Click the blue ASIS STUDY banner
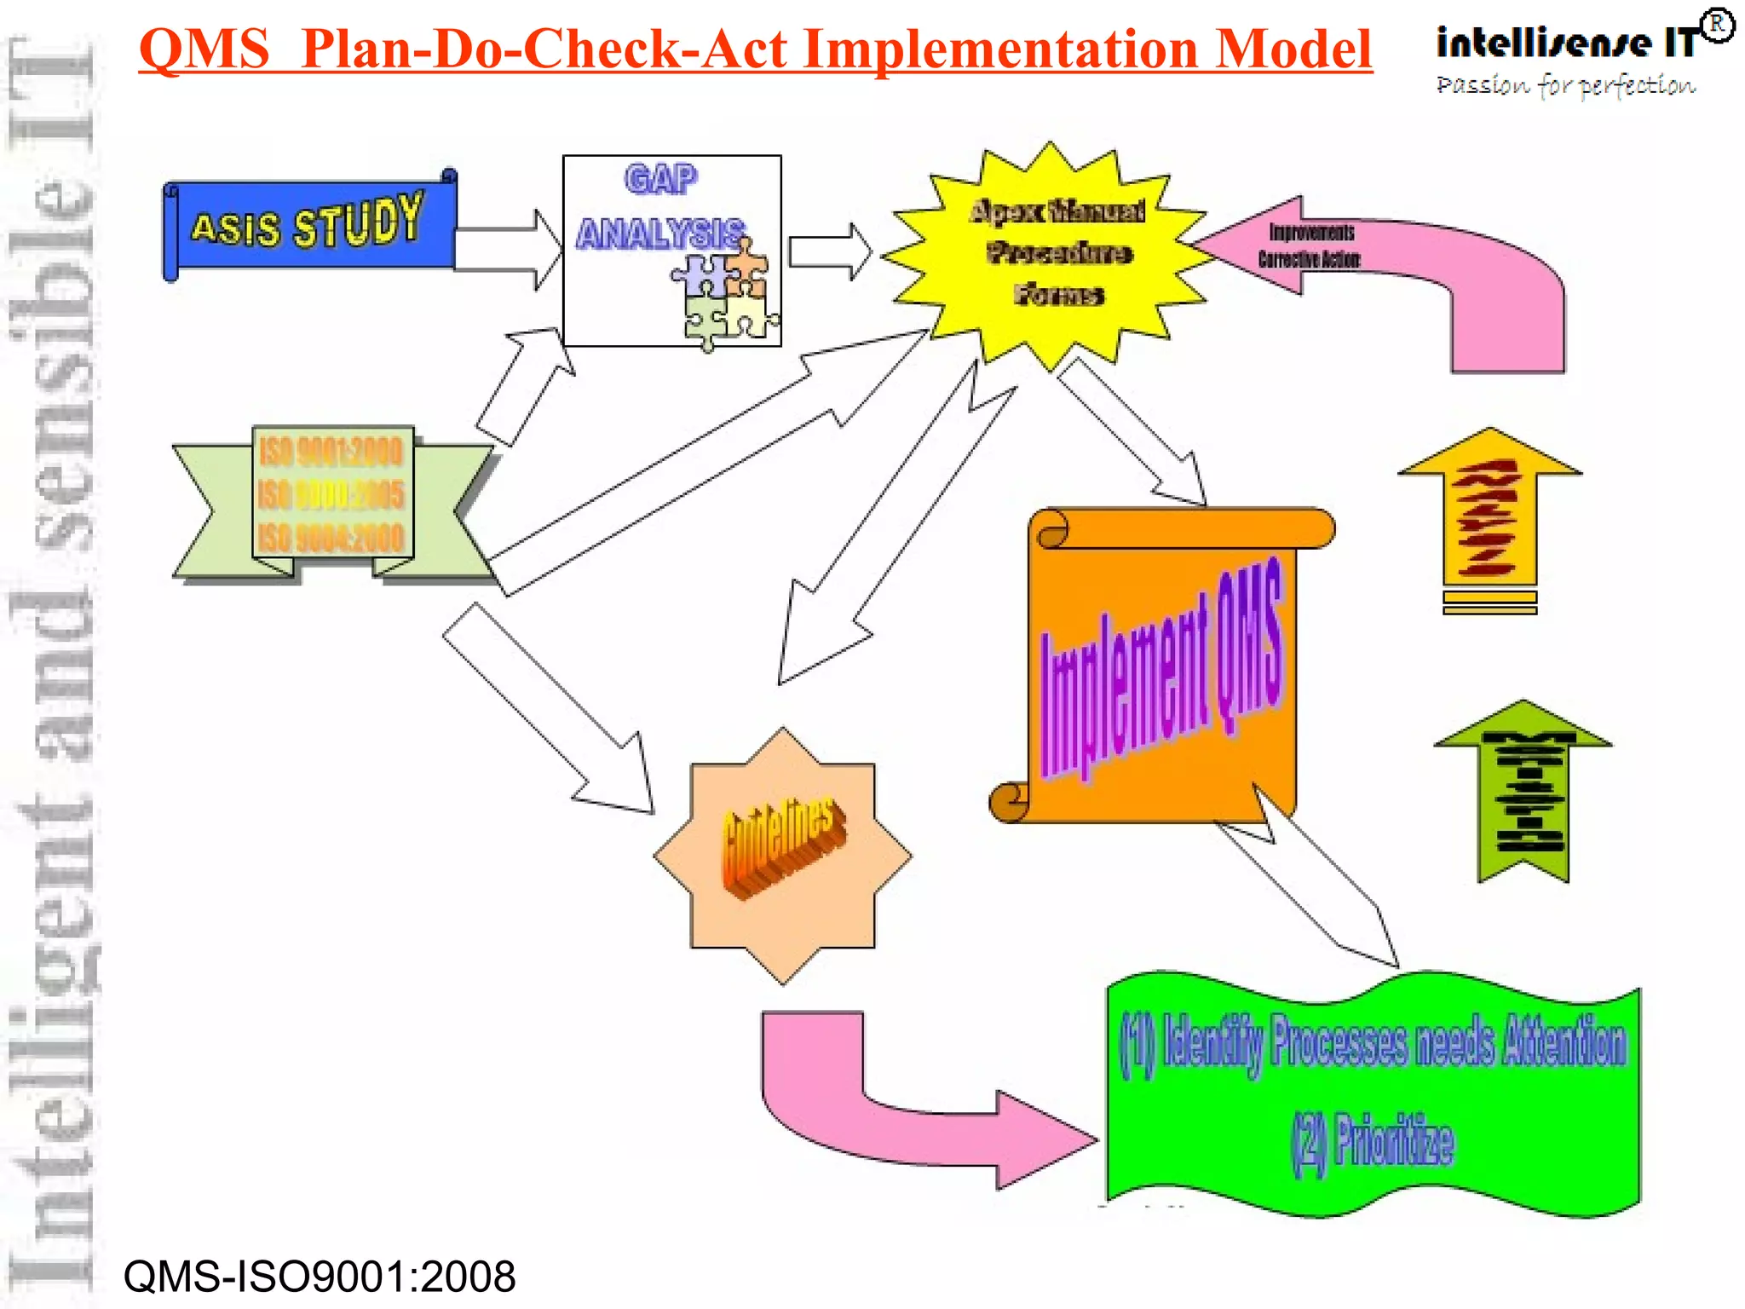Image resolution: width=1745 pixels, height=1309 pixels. pyautogui.click(x=308, y=225)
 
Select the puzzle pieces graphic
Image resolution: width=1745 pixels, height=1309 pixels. pyautogui.click(x=724, y=294)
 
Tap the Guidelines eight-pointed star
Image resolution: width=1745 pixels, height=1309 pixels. pyautogui.click(x=782, y=855)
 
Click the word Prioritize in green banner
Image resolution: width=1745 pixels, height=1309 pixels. pyautogui.click(x=1392, y=1142)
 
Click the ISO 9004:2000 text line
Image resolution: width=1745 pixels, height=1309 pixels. pyautogui.click(x=331, y=539)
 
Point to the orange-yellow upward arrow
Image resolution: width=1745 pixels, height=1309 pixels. pyautogui.click(x=1489, y=520)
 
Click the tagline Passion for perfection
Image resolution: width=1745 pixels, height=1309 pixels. pyautogui.click(x=1566, y=85)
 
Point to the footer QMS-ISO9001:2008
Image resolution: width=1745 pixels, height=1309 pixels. pyautogui.click(x=320, y=1277)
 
